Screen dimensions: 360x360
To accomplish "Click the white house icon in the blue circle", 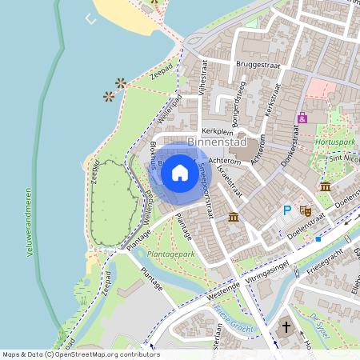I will (180, 172).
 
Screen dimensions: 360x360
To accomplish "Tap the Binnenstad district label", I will (217, 142).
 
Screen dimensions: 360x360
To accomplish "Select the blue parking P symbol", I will (287, 211).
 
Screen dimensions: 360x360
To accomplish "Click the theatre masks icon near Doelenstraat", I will (305, 211).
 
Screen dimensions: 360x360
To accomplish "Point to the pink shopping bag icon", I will (302, 118).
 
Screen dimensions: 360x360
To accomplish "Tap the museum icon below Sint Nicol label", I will (326, 186).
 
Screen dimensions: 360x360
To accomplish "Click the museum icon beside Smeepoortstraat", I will (233, 218).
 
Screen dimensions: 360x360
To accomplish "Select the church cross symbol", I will (287, 327).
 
